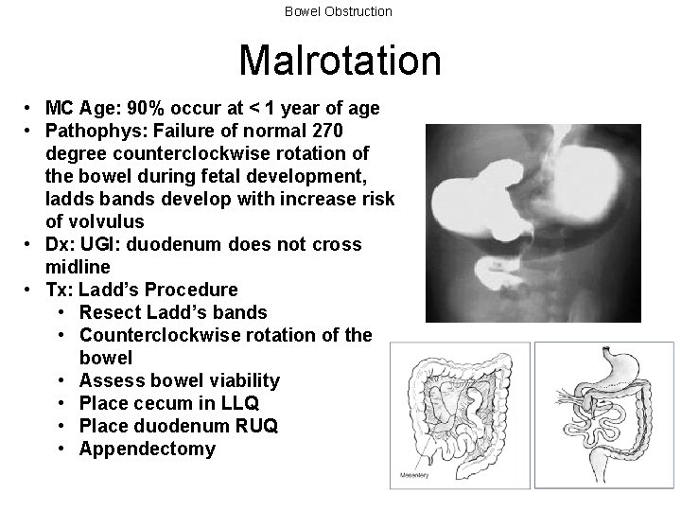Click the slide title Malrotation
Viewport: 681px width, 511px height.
(340, 61)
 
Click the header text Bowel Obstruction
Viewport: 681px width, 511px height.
(340, 11)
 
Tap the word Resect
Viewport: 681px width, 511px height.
(111, 312)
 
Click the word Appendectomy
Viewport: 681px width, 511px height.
(147, 449)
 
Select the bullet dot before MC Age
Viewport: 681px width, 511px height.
(32, 108)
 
